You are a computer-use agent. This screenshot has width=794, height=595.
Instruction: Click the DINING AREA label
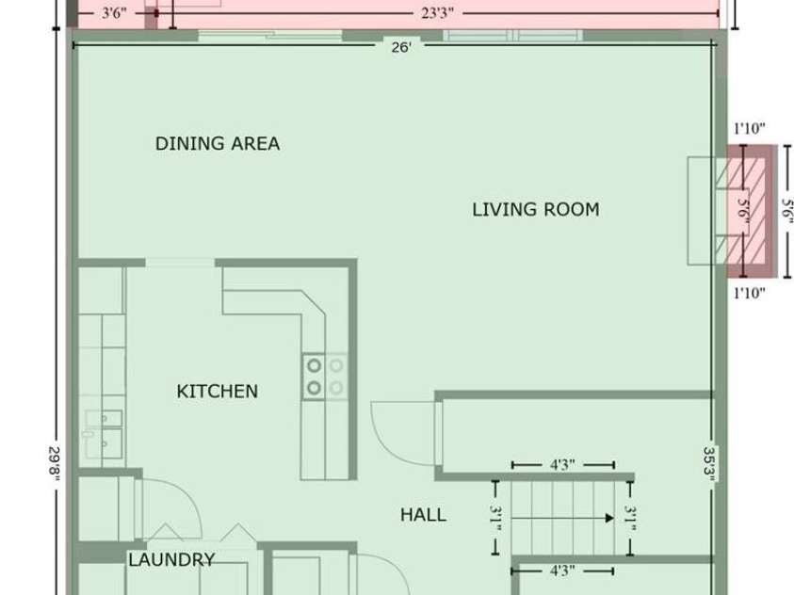pyautogui.click(x=218, y=144)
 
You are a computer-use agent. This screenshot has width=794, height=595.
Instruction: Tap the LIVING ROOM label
pyautogui.click(x=536, y=209)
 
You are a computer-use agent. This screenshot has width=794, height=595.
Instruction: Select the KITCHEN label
pyautogui.click(x=218, y=391)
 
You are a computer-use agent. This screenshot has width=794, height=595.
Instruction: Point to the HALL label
pyautogui.click(x=423, y=515)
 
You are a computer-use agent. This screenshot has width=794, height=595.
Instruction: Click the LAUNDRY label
pyautogui.click(x=171, y=559)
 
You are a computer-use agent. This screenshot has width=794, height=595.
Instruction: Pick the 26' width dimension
pyautogui.click(x=401, y=47)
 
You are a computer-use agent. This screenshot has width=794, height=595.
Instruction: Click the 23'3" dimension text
pyautogui.click(x=437, y=13)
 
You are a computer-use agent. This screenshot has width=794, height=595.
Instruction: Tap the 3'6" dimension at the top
pyautogui.click(x=114, y=13)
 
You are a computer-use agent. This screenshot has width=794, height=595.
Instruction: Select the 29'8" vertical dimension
pyautogui.click(x=56, y=461)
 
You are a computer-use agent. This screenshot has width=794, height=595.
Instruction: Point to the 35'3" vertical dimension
pyautogui.click(x=710, y=464)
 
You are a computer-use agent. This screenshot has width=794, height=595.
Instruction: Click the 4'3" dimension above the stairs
pyautogui.click(x=562, y=464)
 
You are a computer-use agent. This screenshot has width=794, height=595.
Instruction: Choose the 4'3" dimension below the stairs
pyautogui.click(x=562, y=571)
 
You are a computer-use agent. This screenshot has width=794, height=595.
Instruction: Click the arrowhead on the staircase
pyautogui.click(x=610, y=518)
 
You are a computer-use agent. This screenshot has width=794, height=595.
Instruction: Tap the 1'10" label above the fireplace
pyautogui.click(x=750, y=129)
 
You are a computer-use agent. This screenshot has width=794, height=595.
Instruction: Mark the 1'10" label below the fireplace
pyautogui.click(x=750, y=293)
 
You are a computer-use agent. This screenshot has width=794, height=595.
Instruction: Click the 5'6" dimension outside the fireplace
pyautogui.click(x=786, y=212)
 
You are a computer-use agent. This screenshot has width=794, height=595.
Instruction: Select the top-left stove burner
pyautogui.click(x=314, y=364)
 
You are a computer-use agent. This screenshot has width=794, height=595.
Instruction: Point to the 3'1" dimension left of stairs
pyautogui.click(x=495, y=519)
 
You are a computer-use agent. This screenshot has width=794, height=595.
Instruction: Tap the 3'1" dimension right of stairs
pyautogui.click(x=630, y=519)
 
